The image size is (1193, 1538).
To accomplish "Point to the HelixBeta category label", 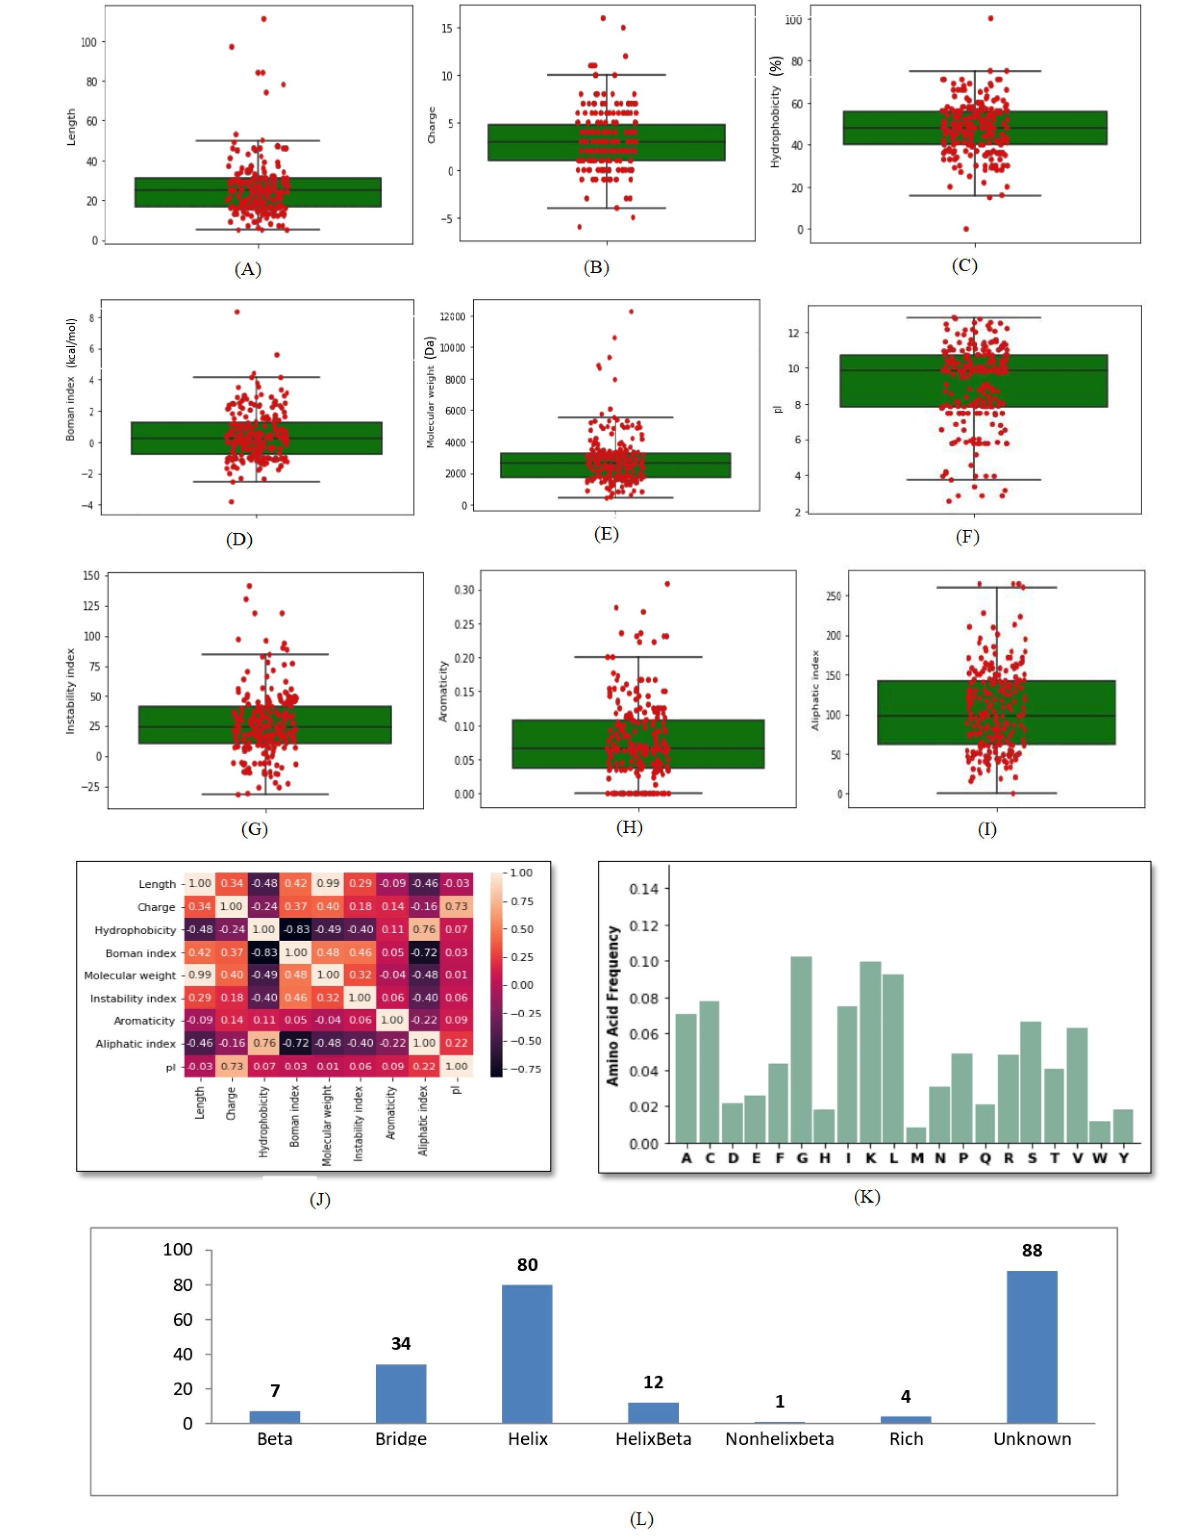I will coord(653,1439).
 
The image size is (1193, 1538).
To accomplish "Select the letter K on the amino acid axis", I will coord(871,1158).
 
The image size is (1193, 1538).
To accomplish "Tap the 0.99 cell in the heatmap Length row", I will coord(328,884).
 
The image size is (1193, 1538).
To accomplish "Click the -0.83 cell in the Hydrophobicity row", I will coord(296,930).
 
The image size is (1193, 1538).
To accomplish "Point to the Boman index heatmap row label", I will coord(141,953).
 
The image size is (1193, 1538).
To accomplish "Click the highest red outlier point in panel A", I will coord(263,19).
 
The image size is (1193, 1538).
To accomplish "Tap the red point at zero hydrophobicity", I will coord(966,229).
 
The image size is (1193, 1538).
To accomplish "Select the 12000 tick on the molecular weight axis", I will coord(452,317).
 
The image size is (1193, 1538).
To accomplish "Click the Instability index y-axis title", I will coord(70,691).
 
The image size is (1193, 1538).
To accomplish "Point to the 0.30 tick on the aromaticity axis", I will coord(464,590).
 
